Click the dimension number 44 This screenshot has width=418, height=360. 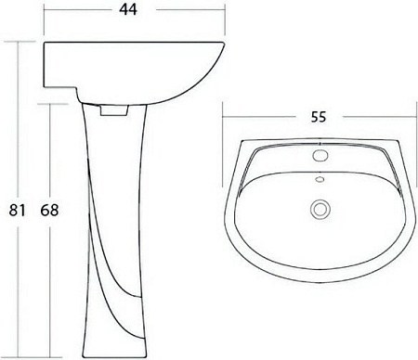[128, 9]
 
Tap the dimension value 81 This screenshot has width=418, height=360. [17, 211]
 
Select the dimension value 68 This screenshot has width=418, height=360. [49, 211]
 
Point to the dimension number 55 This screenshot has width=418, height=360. [319, 117]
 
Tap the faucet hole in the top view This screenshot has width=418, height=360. [320, 155]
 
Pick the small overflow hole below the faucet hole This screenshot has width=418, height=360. [320, 179]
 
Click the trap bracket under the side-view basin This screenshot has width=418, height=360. [113, 110]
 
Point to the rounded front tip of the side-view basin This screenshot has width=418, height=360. [224, 43]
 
